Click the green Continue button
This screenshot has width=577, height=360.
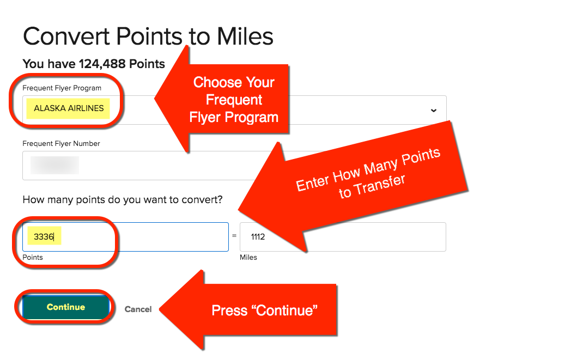66,307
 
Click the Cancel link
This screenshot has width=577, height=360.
138,309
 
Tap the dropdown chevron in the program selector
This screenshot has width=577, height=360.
434,111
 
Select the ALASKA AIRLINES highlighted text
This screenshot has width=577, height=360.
69,108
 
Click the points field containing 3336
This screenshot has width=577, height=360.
125,237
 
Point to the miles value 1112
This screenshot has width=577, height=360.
258,237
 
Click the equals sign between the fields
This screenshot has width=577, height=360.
234,236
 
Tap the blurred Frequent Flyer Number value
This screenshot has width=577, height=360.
54,165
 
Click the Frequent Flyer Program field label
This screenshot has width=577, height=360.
62,88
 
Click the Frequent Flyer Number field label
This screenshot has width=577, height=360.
61,143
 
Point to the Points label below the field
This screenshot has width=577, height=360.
33,258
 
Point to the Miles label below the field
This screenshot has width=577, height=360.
248,258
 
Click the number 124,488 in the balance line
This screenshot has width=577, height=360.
102,64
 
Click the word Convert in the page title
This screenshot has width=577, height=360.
66,36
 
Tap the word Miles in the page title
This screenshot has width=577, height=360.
245,36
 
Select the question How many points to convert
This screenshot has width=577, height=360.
123,200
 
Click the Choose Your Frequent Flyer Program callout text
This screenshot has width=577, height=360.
234,100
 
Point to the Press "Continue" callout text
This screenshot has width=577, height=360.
264,311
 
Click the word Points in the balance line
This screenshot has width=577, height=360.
147,64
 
